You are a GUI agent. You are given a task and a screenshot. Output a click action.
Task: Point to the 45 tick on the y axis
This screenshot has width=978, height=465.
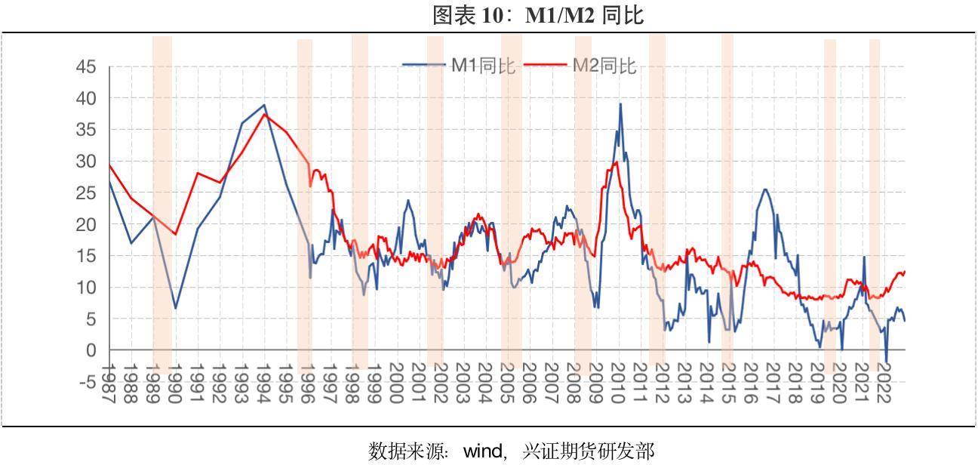click(87, 67)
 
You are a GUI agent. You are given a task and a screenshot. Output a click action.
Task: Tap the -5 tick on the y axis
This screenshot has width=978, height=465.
click(87, 382)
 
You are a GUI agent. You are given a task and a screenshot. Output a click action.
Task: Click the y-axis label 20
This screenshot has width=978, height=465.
click(87, 224)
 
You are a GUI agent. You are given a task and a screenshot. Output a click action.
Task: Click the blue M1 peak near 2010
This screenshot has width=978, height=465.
click(620, 104)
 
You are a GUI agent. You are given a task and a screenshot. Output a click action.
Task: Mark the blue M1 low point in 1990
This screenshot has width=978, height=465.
click(175, 308)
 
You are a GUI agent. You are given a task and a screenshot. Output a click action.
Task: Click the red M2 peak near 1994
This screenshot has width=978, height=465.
click(263, 114)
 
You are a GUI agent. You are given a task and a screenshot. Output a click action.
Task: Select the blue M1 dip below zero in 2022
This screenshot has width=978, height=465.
click(887, 363)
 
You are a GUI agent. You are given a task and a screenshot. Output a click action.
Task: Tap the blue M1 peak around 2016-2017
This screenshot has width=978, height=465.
click(765, 189)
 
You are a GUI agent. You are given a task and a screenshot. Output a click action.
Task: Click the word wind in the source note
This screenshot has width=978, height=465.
click(483, 451)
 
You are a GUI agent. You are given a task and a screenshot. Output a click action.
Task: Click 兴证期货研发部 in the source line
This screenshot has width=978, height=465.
click(589, 451)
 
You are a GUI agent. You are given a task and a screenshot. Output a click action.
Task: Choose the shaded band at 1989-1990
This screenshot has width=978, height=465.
click(162, 204)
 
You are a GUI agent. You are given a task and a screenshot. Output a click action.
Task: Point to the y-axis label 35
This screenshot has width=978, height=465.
click(87, 130)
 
